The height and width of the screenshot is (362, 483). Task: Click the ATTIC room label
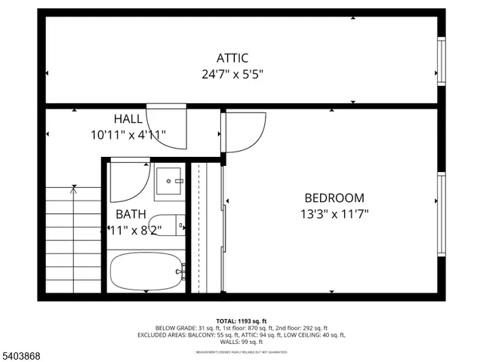click(x=232, y=58)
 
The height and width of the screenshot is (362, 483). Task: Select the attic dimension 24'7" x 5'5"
click(x=232, y=74)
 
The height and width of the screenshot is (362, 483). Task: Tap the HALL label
click(x=128, y=119)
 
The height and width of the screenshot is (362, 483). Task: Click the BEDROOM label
click(x=334, y=198)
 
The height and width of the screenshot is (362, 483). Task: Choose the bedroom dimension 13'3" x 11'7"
click(x=334, y=213)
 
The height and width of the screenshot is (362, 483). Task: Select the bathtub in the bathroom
click(x=146, y=272)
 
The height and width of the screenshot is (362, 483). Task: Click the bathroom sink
click(x=170, y=181)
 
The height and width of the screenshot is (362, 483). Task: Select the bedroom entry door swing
click(x=243, y=132)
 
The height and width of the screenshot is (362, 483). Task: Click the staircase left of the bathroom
click(x=72, y=241)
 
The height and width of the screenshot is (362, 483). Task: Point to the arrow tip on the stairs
click(x=73, y=189)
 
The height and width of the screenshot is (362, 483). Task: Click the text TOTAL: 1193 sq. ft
click(x=241, y=321)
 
